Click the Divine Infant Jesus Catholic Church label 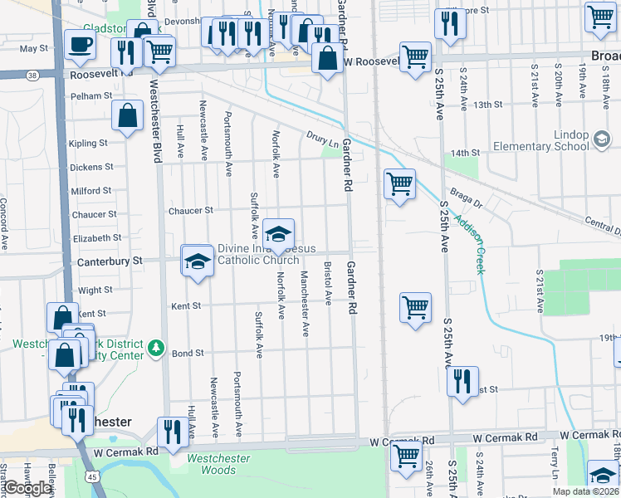(x=258, y=254)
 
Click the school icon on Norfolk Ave (x=279, y=233)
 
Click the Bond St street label (x=188, y=354)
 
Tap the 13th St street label (x=487, y=105)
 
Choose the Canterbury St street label (x=110, y=261)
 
